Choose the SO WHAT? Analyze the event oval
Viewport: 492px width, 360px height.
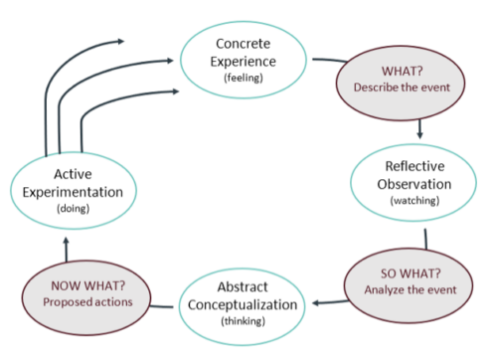[410, 280]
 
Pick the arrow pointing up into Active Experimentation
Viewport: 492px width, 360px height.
[66, 243]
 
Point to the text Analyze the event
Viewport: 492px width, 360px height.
[410, 290]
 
